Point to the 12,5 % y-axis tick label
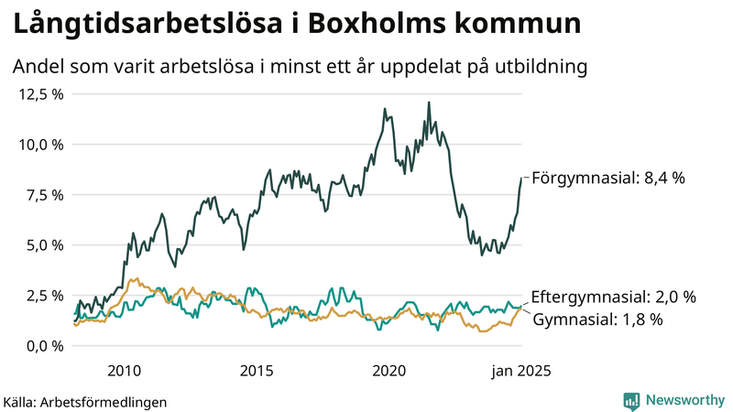pos(39,94)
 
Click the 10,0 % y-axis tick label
pos(39,145)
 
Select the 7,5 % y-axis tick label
pos(43,195)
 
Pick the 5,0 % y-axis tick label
pos(43,245)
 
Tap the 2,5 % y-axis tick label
pos(43,296)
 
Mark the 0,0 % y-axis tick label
pos(43,346)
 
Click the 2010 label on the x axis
pos(125,370)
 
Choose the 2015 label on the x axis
pos(257,370)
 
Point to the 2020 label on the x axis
pos(390,370)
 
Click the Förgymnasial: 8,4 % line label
pos(607,178)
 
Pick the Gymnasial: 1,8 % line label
pos(596,320)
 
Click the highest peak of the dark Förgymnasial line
pos(429,103)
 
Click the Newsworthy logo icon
pos(631,400)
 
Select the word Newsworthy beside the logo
pos(683,400)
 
